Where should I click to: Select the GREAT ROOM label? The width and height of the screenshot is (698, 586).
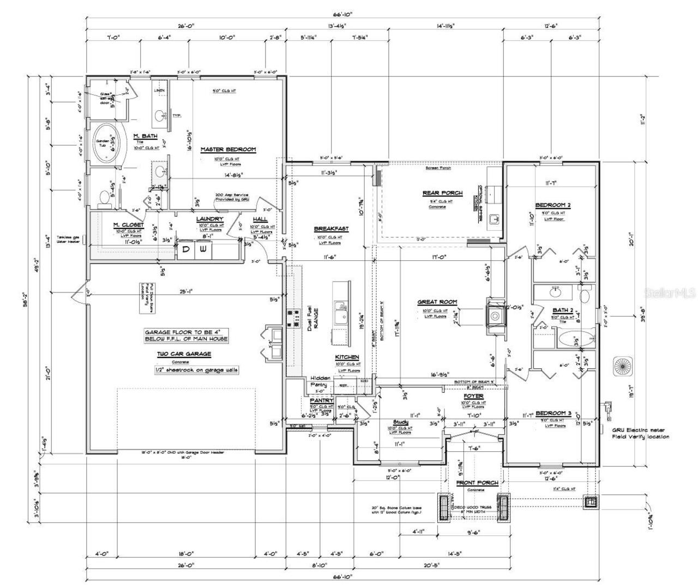437,302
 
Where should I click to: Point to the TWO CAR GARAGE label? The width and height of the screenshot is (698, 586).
184,354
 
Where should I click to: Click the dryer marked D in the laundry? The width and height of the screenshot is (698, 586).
185,249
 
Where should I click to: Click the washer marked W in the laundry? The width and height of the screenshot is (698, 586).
203,249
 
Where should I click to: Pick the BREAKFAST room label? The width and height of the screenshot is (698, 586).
331,229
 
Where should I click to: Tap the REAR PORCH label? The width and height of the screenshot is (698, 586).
442,193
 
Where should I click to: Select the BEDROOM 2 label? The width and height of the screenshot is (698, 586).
552,205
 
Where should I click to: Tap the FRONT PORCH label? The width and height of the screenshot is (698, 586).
477,483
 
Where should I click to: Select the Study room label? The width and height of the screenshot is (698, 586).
401,422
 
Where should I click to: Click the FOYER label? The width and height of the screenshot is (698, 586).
473,396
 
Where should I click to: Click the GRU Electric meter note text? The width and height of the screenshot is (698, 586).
640,433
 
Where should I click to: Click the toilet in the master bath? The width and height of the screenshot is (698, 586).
104,199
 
